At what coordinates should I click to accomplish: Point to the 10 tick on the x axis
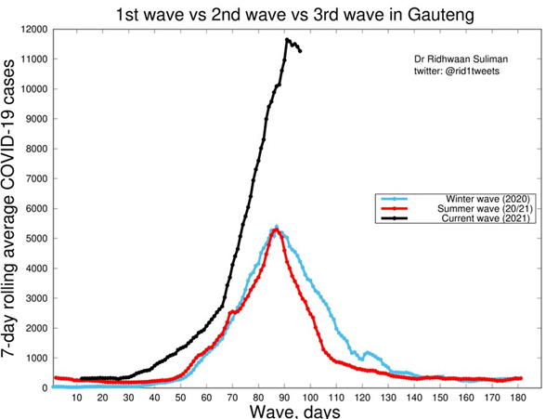click(x=77, y=398)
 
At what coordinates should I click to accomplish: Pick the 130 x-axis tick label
click(x=389, y=398)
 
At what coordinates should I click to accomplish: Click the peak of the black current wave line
click(x=288, y=40)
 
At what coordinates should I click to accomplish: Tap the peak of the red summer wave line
click(x=276, y=229)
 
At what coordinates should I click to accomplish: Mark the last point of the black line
click(x=299, y=51)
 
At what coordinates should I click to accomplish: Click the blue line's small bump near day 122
click(x=369, y=353)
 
